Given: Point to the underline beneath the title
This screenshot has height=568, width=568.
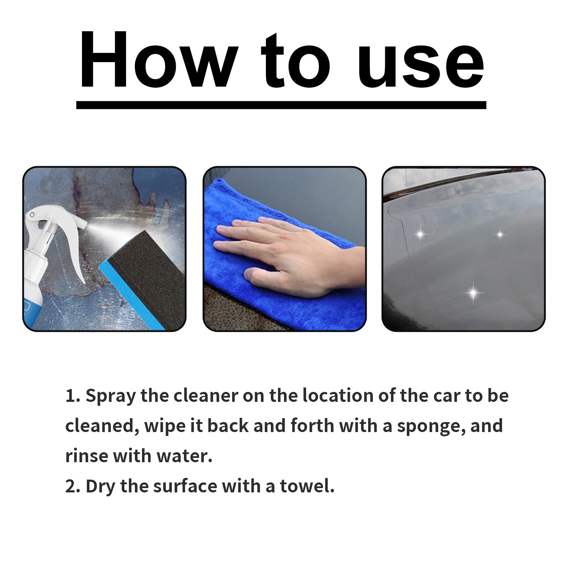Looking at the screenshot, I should pos(281,105).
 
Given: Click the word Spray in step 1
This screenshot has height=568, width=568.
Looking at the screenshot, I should pos(110,396).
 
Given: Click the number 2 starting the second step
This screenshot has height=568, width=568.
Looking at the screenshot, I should pos(70,487).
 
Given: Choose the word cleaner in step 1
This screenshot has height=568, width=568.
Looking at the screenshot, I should pos(206,396).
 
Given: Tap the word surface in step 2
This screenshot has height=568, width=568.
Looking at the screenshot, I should pos(185,486).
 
